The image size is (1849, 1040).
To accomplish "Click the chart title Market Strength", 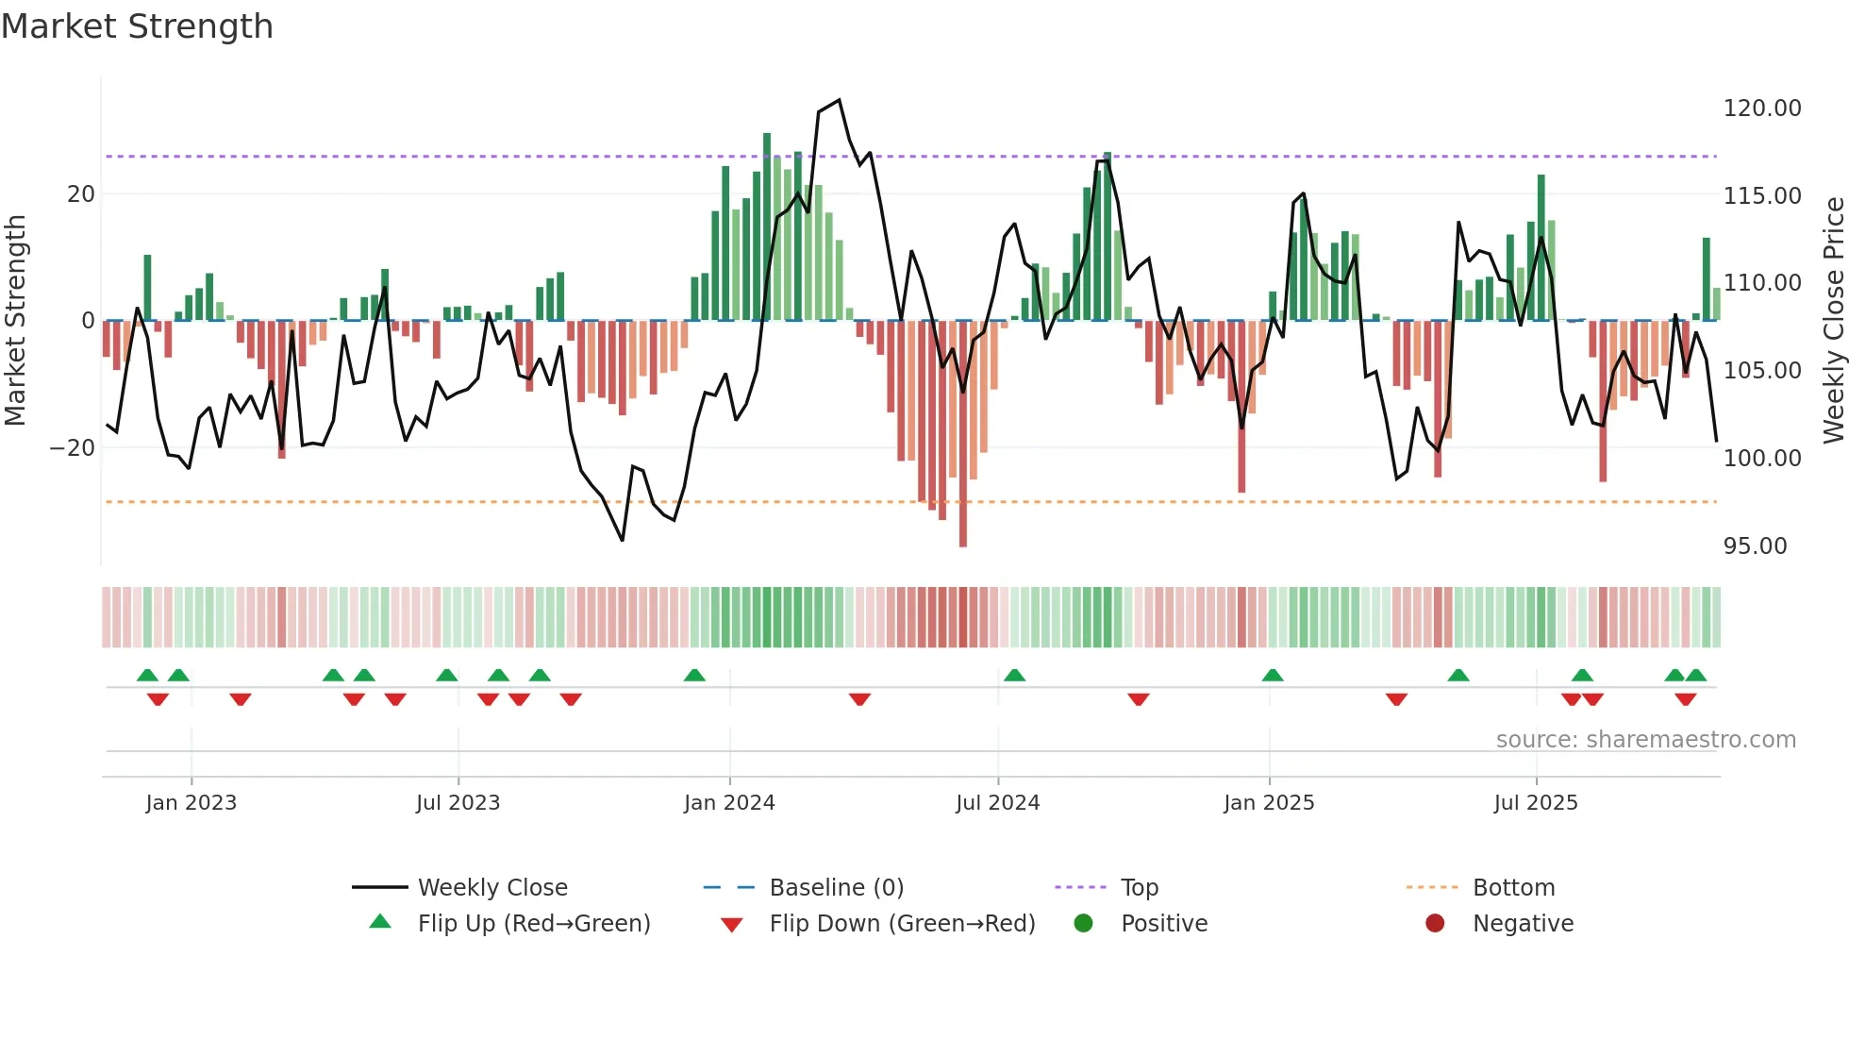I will pos(137,26).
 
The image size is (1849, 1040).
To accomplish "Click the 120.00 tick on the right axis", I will pos(1761,109).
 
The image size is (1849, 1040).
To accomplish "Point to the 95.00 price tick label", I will pos(1754,546).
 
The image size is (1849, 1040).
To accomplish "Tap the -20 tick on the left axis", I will pos(73,448).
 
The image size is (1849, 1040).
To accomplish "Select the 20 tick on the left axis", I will pos(81,194).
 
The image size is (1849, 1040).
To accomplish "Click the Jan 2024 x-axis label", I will pos(728,803).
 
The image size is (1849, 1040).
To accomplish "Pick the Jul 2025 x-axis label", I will pos(1535,803).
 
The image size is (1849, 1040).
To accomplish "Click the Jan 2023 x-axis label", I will pos(191,803).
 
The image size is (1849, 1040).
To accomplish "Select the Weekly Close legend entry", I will pos(491,888).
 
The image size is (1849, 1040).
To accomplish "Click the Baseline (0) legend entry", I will pos(836,888).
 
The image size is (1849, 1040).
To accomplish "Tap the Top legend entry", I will pos(1139,888).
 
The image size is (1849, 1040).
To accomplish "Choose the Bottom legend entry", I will pos(1513,888).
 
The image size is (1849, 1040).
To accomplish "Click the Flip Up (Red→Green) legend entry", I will pos(533,924).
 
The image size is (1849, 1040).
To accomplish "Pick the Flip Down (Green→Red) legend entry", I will pos(901,924).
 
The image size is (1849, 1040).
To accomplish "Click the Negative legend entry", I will pos(1523,924).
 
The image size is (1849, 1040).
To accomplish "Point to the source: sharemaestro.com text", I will pos(1645,740).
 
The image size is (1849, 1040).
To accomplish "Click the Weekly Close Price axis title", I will pos(1833,321).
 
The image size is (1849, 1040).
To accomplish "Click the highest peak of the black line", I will pos(839,100).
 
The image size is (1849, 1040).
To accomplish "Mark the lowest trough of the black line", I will pos(622,540).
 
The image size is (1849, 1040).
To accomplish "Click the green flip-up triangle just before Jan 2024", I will pos(694,675).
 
